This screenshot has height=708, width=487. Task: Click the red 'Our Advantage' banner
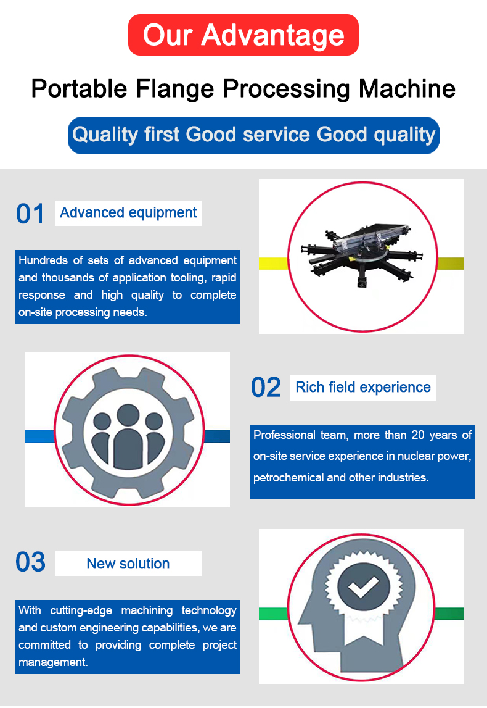tap(243, 35)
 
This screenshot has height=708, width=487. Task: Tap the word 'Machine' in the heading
tap(407, 88)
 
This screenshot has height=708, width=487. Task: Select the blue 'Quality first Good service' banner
tap(253, 135)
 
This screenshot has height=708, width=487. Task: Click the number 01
tap(30, 214)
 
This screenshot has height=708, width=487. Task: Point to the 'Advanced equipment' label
tap(128, 213)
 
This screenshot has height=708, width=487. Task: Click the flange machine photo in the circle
tap(362, 256)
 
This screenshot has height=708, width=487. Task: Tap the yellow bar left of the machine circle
tap(273, 263)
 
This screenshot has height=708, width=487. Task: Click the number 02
tap(266, 388)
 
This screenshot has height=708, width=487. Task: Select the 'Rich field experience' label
tap(363, 388)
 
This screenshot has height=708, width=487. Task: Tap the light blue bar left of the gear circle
tap(39, 436)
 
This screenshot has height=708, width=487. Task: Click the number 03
tap(30, 562)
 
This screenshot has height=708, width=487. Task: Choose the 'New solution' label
tap(128, 564)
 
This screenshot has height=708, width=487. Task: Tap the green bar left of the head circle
tap(273, 614)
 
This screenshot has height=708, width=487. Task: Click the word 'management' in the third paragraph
tap(53, 662)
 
